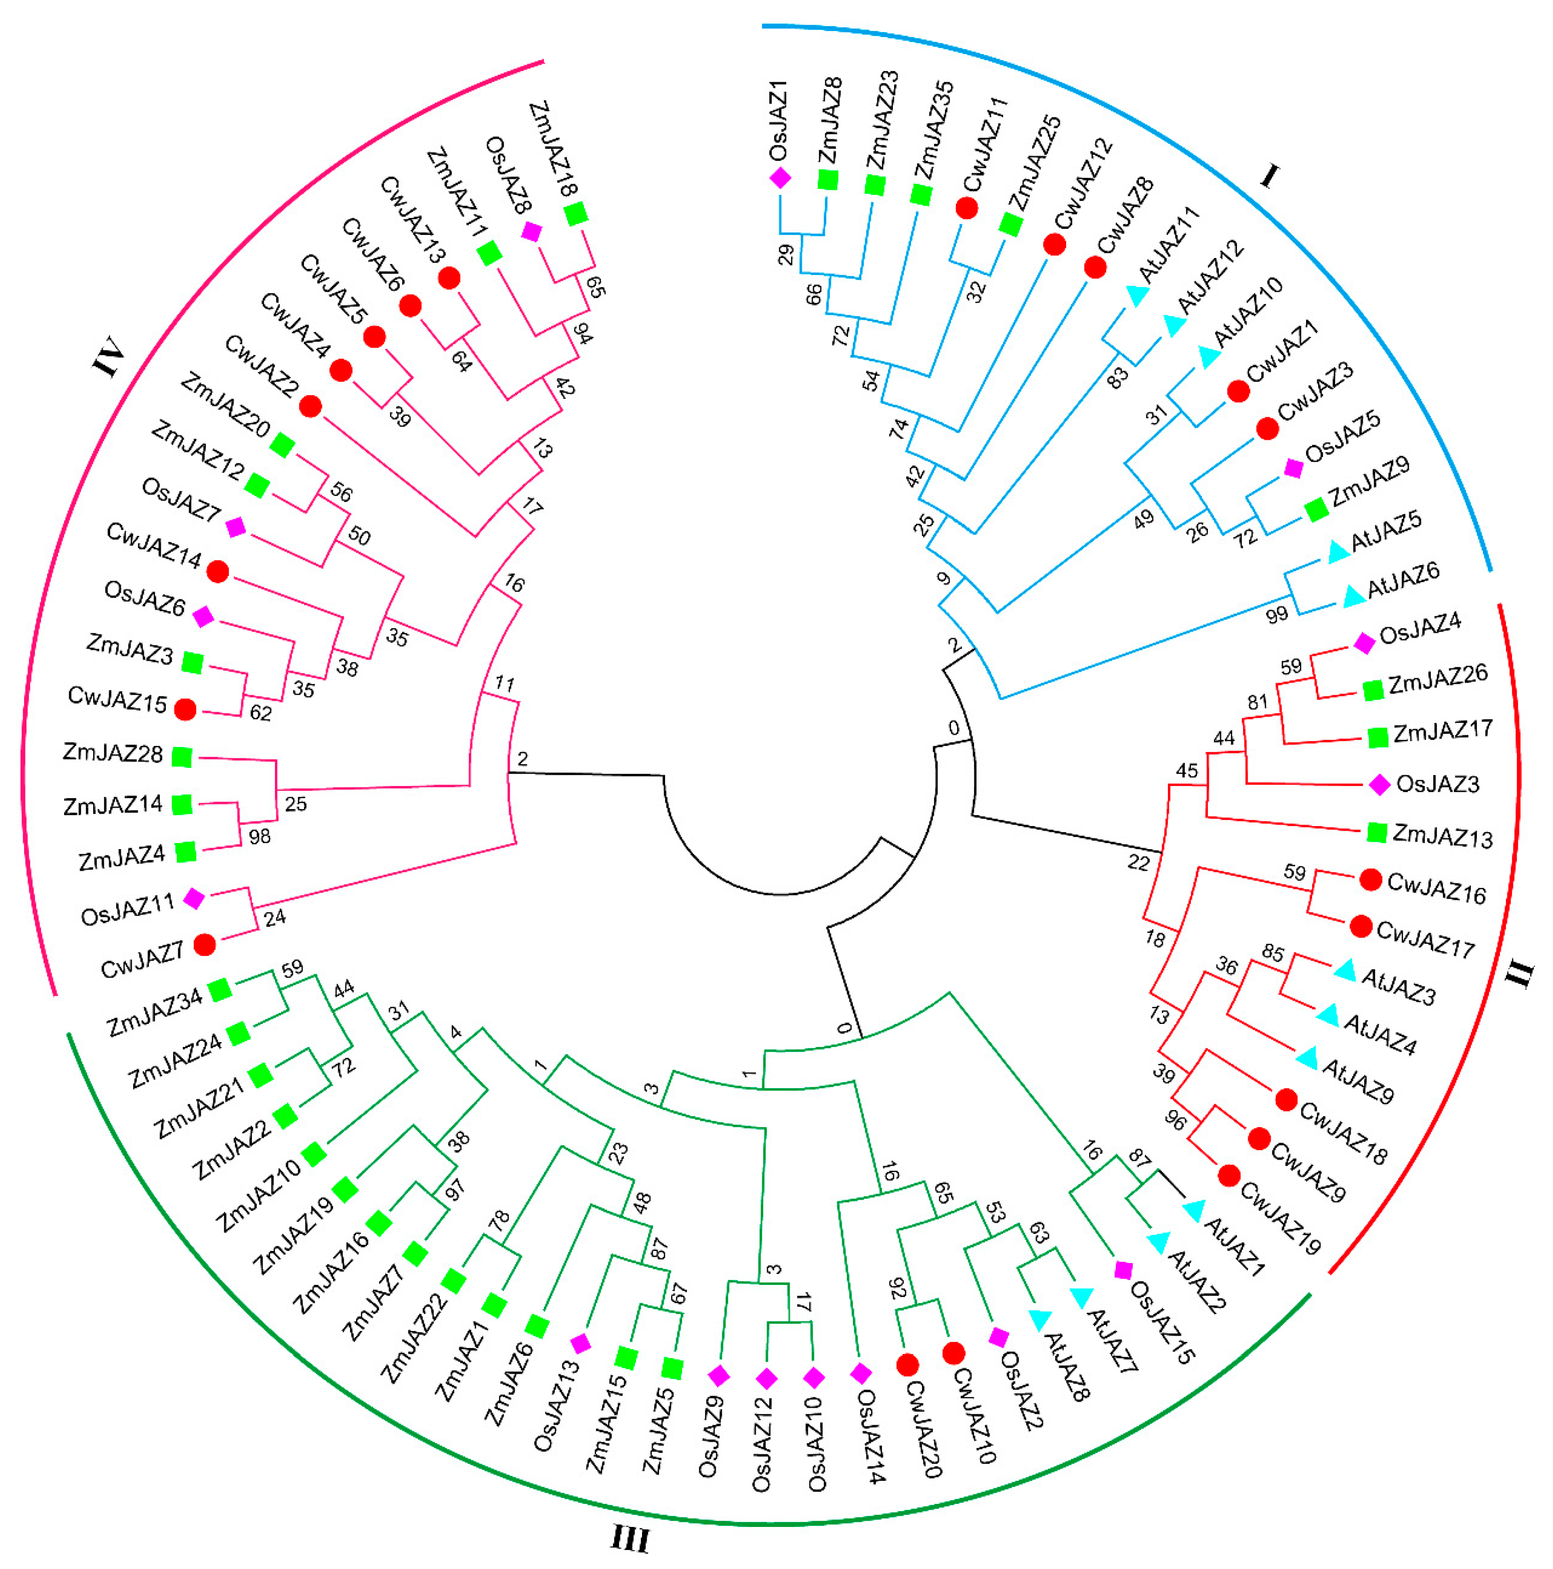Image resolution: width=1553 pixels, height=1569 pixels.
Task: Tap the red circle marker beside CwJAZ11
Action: pos(966,208)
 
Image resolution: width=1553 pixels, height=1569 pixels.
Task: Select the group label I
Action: pos(1269,175)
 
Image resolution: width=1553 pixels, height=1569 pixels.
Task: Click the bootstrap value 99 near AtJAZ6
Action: pos(1276,614)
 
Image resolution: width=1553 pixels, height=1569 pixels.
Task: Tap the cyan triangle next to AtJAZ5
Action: pos(1337,552)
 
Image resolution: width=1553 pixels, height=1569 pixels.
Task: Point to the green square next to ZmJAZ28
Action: pos(182,757)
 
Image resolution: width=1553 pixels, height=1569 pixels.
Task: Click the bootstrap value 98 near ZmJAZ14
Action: pos(260,836)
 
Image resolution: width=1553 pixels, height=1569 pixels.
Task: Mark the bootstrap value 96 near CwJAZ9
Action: pos(1175,1121)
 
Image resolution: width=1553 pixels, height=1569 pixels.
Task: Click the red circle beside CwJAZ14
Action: pos(217,572)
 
